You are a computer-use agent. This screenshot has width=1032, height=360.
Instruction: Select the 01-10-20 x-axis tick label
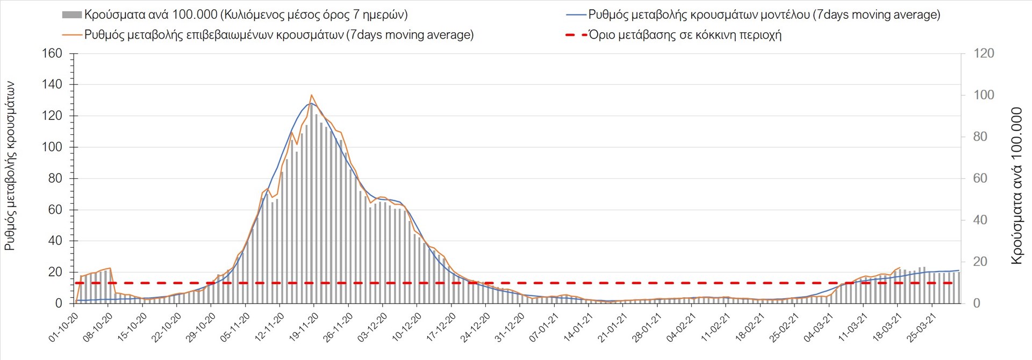63,328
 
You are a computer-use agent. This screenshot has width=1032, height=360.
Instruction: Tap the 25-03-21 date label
922,328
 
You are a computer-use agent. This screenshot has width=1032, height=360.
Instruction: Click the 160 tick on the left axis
52,53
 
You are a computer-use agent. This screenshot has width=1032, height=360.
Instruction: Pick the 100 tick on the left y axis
52,147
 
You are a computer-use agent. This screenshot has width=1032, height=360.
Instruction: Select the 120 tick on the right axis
984,53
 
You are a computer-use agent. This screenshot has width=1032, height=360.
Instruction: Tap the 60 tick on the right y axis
980,178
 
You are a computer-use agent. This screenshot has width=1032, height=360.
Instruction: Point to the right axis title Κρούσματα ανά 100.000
1016,185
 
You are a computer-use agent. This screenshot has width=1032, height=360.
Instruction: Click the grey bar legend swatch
72,15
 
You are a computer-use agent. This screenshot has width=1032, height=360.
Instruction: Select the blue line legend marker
576,15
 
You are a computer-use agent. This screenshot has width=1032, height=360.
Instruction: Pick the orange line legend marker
72,35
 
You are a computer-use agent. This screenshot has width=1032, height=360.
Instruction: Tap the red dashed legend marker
576,35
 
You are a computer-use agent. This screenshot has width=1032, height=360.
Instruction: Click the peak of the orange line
312,95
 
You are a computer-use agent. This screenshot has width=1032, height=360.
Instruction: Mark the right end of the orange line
900,268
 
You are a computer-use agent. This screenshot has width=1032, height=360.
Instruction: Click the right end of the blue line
959,270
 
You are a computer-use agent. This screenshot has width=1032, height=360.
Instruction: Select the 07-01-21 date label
544,328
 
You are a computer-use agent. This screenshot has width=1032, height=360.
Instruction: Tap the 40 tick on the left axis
55,241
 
